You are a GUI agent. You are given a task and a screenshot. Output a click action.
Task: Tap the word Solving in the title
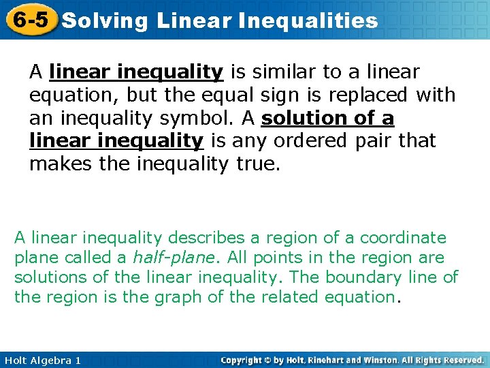(104, 20)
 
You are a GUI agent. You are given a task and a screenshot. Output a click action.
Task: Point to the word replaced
(372, 95)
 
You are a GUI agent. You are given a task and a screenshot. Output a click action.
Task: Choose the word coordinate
(403, 238)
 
